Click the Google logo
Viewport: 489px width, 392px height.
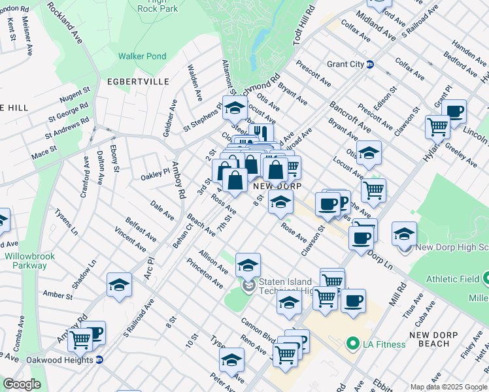coord(22,384)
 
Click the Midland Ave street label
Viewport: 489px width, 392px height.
coord(375,25)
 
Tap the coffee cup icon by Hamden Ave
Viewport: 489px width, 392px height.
coord(454,110)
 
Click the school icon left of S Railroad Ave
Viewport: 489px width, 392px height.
coord(119,284)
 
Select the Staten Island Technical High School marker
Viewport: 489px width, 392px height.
coord(248,286)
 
